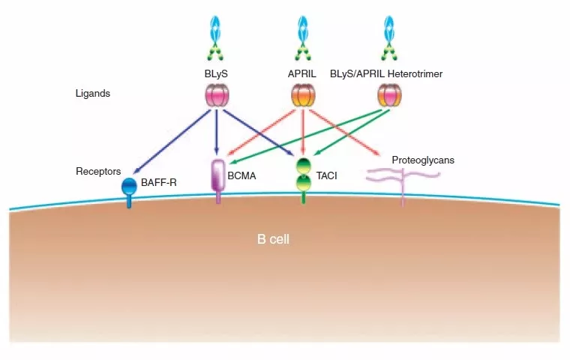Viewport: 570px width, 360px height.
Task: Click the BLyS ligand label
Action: (217, 74)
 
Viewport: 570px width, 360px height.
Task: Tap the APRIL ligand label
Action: (303, 74)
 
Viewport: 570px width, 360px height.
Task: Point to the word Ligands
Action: (93, 94)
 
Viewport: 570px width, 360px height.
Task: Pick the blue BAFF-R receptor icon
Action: (130, 189)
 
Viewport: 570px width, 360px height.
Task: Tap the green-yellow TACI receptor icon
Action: (303, 176)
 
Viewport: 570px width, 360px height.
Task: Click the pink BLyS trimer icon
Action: (217, 95)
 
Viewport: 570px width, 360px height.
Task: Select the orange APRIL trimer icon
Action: (303, 95)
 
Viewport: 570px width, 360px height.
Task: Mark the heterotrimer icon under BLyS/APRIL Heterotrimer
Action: (388, 95)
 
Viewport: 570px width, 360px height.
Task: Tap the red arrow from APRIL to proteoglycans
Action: (349, 138)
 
